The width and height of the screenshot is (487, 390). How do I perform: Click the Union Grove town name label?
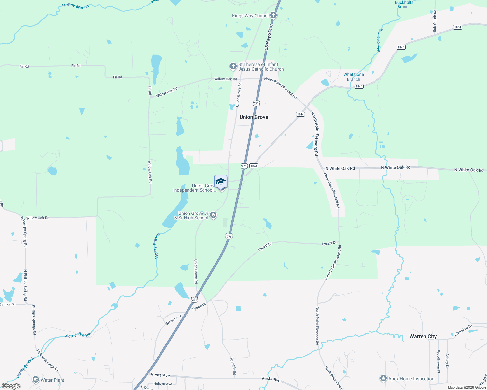click(x=254, y=117)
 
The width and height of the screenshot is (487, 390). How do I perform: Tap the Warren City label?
click(x=423, y=336)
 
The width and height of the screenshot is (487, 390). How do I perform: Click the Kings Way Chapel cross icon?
click(x=274, y=15)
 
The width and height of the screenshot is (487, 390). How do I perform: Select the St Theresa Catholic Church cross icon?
click(x=233, y=66)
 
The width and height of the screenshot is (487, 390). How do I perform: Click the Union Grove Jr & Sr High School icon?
click(x=213, y=215)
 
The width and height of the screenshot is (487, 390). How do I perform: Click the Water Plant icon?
click(x=36, y=380)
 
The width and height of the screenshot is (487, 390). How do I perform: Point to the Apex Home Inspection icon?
click(x=383, y=379)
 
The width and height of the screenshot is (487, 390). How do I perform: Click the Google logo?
click(x=11, y=386)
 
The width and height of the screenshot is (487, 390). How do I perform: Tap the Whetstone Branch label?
click(x=354, y=77)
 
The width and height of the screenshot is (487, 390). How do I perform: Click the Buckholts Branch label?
click(x=404, y=5)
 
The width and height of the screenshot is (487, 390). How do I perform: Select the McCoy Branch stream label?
click(x=75, y=6)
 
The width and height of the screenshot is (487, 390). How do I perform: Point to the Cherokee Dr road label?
click(x=463, y=331)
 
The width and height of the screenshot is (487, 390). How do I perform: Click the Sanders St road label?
click(x=174, y=320)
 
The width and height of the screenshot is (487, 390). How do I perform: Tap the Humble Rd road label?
click(x=233, y=367)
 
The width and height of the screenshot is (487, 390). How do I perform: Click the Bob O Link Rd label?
click(x=435, y=21)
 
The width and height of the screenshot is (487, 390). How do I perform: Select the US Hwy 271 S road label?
click(x=269, y=36)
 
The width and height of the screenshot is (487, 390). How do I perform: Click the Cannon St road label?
click(x=8, y=305)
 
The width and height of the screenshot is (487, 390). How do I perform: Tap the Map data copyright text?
click(x=466, y=387)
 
